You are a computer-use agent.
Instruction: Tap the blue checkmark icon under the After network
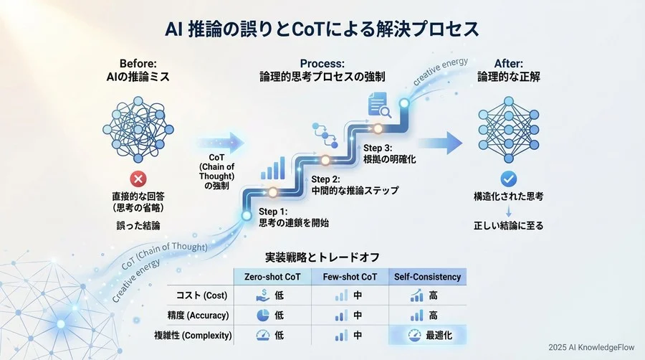[x=508, y=179]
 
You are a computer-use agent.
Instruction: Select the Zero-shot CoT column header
[x=273, y=277]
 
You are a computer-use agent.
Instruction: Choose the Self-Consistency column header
[x=427, y=277]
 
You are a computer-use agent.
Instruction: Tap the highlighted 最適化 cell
[x=428, y=333]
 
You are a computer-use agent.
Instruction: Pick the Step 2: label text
[x=331, y=179]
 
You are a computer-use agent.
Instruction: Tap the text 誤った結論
[x=138, y=225]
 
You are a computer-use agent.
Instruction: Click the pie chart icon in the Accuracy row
[x=263, y=314]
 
